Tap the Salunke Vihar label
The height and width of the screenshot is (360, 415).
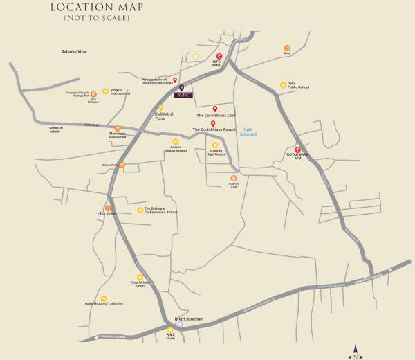75,51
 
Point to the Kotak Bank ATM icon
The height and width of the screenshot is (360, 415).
297,150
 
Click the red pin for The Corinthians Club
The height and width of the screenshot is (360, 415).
215,109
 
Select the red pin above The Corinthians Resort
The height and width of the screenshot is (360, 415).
213,123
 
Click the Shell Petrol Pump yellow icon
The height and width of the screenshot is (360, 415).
161,108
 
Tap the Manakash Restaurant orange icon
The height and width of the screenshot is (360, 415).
118,128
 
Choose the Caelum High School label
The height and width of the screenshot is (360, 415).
216,153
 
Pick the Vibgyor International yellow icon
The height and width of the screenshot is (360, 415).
106,91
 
